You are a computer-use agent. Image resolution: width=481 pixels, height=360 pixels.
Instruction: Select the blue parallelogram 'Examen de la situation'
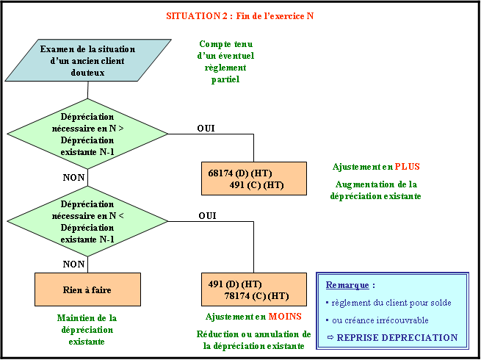88,60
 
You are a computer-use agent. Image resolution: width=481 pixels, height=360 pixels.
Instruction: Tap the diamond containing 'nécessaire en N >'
87,134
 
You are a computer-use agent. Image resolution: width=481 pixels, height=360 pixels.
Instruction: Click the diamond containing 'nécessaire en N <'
87,221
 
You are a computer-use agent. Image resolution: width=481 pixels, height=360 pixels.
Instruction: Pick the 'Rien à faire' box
87,289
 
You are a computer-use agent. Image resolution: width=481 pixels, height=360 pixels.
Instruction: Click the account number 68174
220,173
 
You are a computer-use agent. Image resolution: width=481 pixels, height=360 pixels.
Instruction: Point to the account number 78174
237,296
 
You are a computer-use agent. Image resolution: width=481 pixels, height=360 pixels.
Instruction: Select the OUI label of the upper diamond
206,128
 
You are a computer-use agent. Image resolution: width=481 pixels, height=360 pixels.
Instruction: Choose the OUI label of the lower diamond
207,216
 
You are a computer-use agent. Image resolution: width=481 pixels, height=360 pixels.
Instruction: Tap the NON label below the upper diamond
73,177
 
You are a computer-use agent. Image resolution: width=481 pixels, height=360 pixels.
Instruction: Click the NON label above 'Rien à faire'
73,264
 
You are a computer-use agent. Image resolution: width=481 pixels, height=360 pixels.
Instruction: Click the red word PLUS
408,167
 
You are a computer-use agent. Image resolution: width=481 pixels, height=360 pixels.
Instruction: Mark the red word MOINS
285,317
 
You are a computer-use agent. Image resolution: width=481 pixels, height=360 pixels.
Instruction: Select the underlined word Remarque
347,285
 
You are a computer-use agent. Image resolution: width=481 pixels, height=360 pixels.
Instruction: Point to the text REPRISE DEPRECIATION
397,338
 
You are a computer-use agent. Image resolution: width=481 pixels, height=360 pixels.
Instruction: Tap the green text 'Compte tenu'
225,44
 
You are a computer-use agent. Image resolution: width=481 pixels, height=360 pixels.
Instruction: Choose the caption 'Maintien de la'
87,318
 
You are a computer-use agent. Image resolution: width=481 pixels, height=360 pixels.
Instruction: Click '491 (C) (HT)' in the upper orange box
256,185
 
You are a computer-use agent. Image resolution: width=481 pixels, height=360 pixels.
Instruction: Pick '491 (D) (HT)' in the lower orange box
235,284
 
